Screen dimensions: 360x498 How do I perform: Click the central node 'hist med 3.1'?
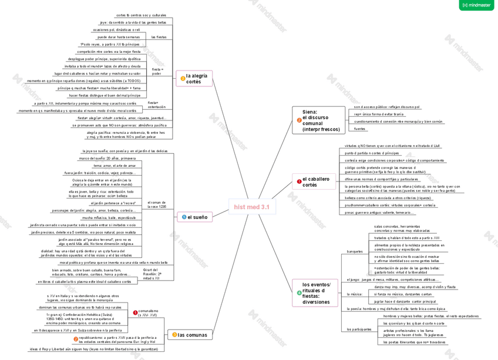click(251, 207)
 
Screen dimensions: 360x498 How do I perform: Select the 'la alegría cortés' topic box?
click(194, 78)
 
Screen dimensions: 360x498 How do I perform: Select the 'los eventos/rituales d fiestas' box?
click(314, 292)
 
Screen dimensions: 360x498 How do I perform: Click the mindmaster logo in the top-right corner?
click(480, 5)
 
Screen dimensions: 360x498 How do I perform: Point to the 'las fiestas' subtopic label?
click(159, 37)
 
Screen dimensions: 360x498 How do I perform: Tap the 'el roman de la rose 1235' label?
click(157, 204)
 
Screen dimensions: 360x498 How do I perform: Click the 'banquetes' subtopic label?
click(355, 251)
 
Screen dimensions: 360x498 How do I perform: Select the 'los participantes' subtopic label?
click(358, 329)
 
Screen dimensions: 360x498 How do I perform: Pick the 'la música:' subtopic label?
click(355, 294)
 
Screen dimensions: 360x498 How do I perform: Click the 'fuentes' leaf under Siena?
click(359, 129)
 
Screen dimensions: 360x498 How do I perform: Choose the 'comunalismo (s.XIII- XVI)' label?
click(149, 312)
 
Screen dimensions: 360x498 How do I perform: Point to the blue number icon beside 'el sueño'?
click(184, 217)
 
